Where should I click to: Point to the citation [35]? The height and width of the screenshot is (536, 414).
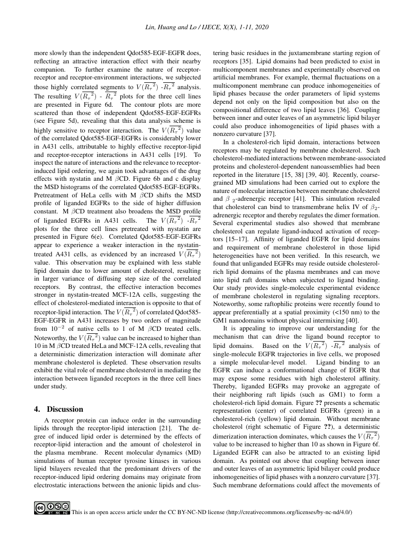(247, 62)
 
